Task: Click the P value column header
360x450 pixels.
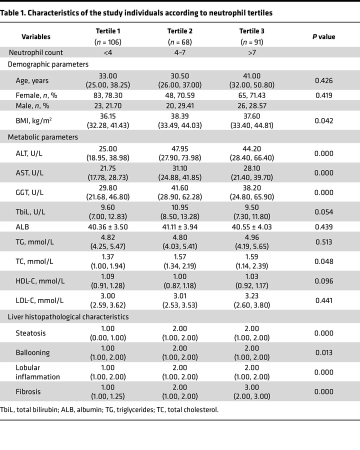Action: pyautogui.click(x=324, y=36)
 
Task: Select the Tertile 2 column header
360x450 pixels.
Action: pyautogui.click(x=180, y=31)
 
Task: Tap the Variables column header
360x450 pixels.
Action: pyautogui.click(x=36, y=36)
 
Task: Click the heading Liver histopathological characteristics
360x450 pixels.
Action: pyautogui.click(x=67, y=316)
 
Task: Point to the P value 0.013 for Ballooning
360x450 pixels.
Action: pyautogui.click(x=324, y=352)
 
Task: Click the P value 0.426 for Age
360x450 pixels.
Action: pyautogui.click(x=324, y=79)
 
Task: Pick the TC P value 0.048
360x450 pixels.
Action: pyautogui.click(x=324, y=262)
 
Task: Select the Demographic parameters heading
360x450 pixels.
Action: pyautogui.click(x=47, y=64)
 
